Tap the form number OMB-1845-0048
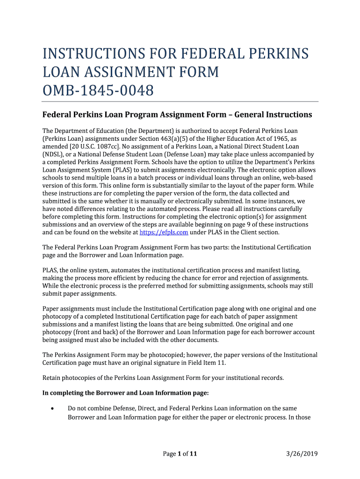tap(98, 90)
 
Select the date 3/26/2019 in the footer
tap(302, 453)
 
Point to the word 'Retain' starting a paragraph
tap(52, 377)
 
